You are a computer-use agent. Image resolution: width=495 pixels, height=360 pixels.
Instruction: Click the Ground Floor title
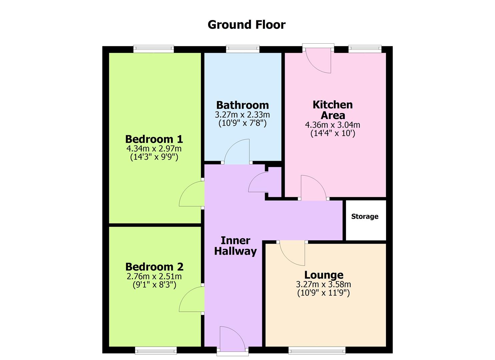click(x=246, y=25)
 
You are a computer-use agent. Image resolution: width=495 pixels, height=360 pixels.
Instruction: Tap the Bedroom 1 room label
click(x=154, y=139)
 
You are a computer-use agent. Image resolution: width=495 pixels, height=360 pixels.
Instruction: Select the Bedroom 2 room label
click(x=154, y=267)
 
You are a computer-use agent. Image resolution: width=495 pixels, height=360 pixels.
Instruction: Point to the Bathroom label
click(x=242, y=105)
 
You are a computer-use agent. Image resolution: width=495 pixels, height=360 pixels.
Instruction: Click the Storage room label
click(x=365, y=217)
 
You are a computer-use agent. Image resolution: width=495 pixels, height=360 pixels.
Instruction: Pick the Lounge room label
click(x=324, y=275)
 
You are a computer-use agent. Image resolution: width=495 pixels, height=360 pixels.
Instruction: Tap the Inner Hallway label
click(x=235, y=246)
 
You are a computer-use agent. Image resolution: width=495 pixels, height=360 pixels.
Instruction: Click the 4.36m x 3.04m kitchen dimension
click(x=332, y=125)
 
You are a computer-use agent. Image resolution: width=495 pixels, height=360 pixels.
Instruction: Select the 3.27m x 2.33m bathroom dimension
click(x=242, y=115)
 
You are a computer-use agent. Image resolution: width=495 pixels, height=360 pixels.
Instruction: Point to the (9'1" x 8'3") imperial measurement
click(x=154, y=285)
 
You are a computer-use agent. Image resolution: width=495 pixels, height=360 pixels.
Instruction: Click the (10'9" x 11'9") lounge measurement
click(x=323, y=293)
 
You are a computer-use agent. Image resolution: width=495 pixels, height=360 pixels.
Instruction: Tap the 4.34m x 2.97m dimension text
click(x=154, y=149)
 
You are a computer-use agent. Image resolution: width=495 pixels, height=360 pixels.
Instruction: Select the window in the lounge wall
click(x=317, y=350)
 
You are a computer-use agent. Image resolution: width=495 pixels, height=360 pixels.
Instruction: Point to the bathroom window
click(x=243, y=49)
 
